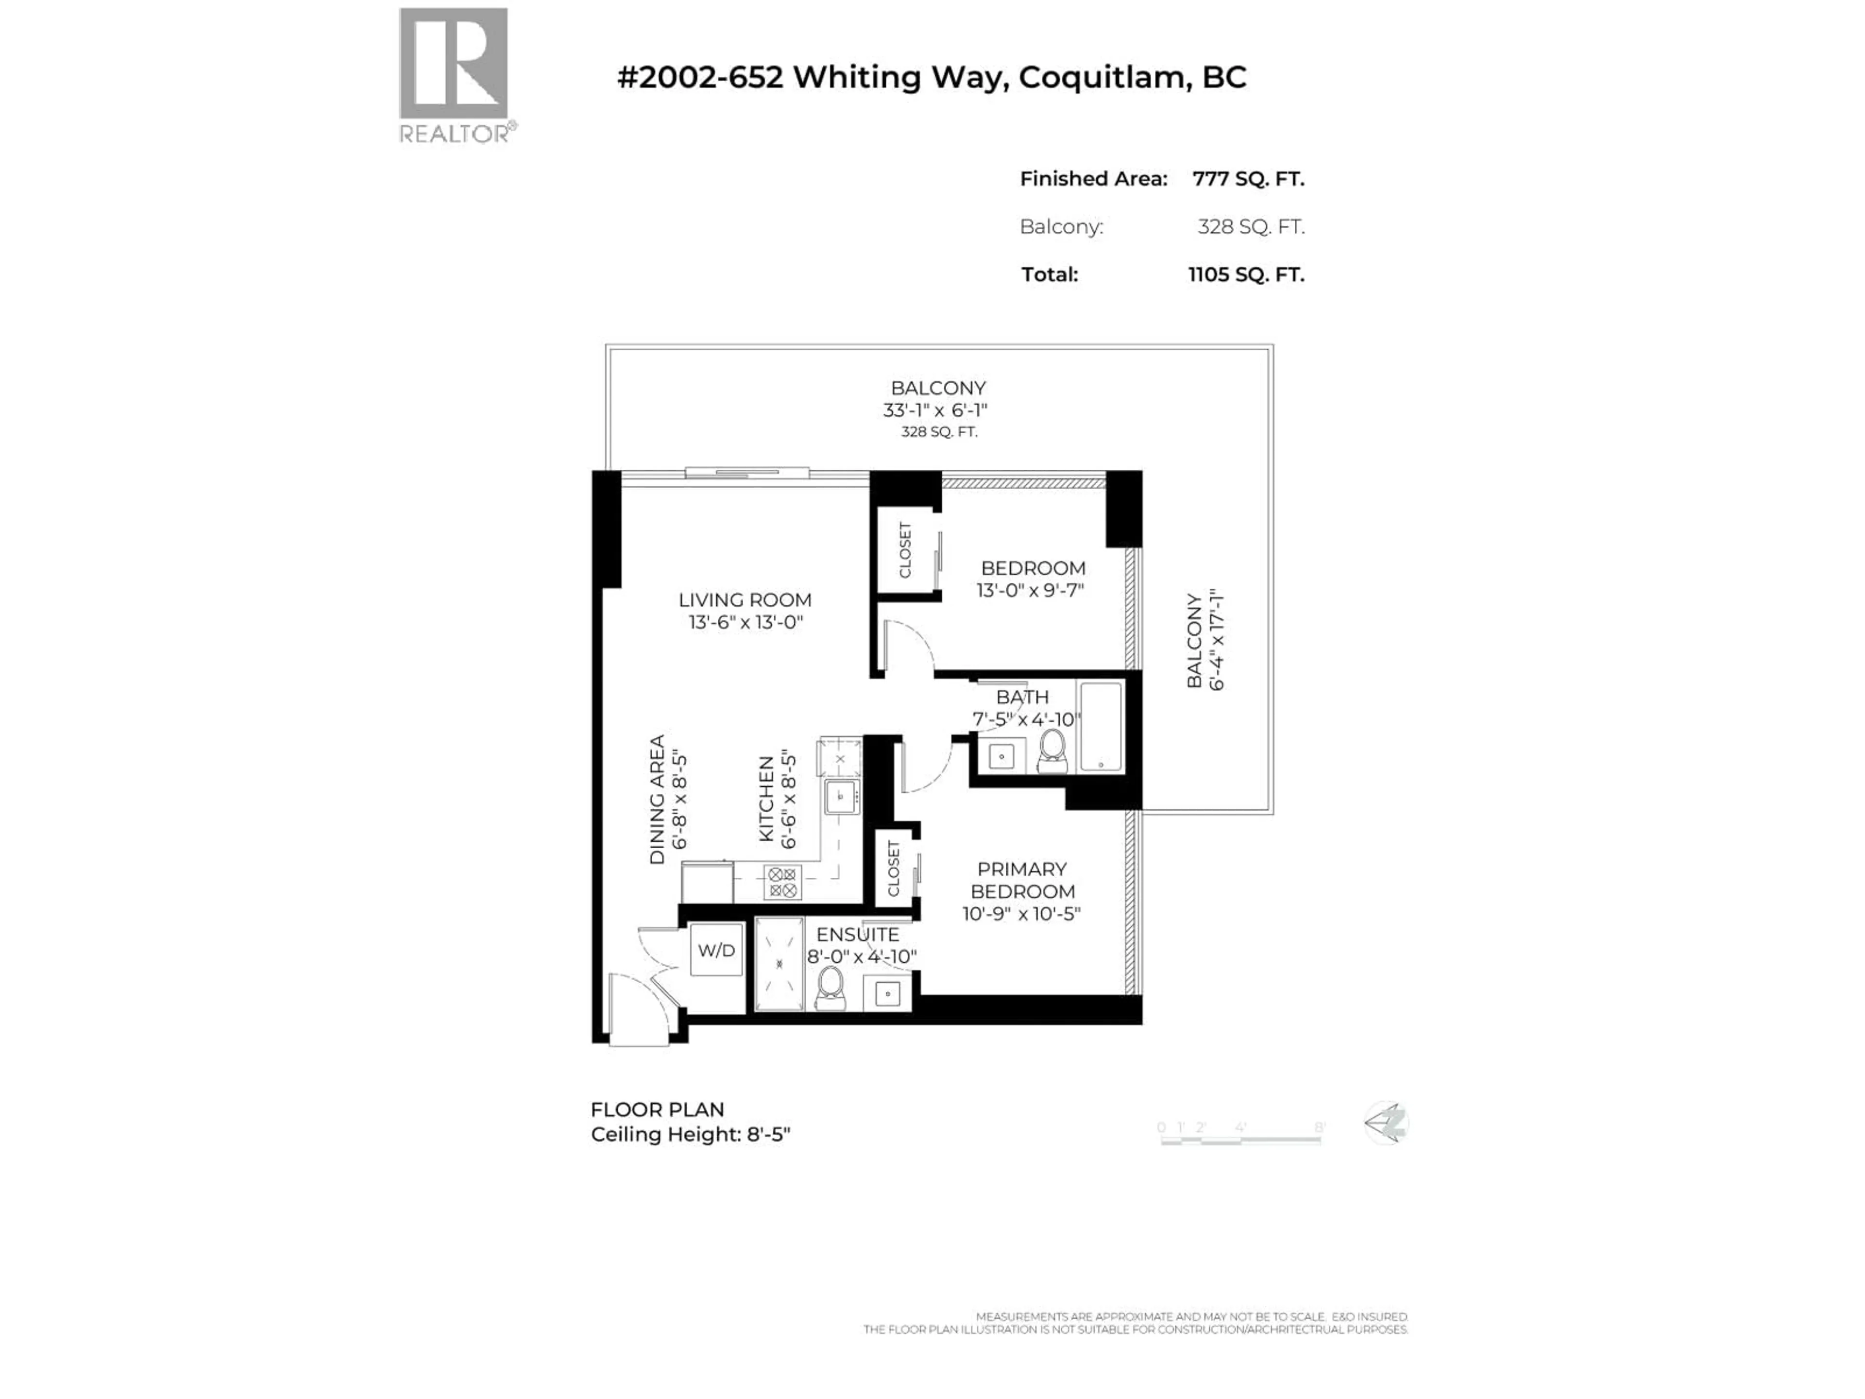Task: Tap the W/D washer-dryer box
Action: tap(716, 950)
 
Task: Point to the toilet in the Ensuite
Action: tap(831, 987)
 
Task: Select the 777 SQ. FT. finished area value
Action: tap(1248, 179)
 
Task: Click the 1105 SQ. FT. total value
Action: tap(1246, 275)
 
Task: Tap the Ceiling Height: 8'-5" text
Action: tap(691, 1135)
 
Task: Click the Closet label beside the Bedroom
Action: tap(905, 550)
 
